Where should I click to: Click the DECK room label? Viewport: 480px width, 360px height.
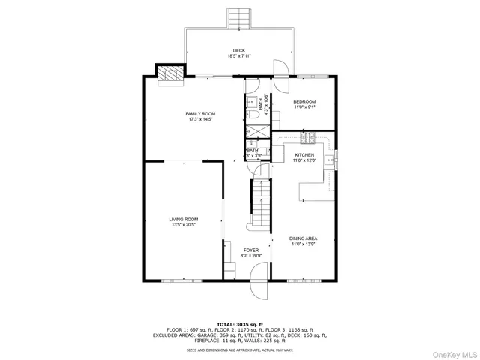(239, 50)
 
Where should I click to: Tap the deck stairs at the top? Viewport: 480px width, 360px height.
(239, 17)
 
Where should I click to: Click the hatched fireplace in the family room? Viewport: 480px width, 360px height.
(169, 73)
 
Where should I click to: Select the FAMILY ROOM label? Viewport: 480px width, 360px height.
(200, 113)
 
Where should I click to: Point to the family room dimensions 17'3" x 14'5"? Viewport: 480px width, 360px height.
(200, 119)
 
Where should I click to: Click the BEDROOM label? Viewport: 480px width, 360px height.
(304, 101)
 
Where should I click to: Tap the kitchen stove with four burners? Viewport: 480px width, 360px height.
(307, 137)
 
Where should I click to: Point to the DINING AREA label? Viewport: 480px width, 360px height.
(304, 238)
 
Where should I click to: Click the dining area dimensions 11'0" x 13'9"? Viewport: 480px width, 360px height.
(304, 244)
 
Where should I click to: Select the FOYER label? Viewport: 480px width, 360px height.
(250, 250)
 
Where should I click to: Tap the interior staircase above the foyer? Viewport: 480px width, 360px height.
(259, 205)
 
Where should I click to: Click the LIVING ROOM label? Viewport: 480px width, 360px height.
(184, 219)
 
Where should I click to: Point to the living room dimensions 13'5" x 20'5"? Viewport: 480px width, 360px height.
(184, 225)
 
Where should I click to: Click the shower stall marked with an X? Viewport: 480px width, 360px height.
(257, 130)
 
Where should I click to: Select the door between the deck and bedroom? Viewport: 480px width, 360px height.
(280, 70)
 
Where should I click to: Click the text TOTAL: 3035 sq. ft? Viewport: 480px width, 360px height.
(239, 323)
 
